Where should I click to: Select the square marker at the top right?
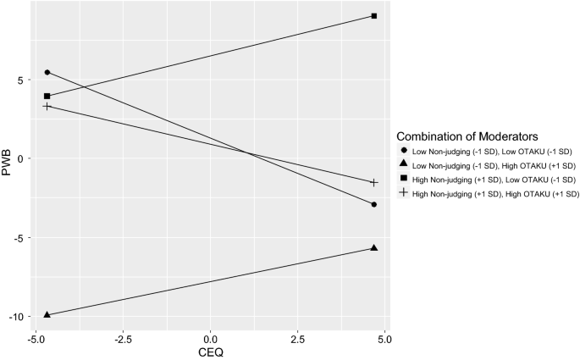pyautogui.click(x=373, y=16)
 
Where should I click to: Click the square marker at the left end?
pyautogui.click(x=47, y=97)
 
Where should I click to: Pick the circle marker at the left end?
pyautogui.click(x=47, y=72)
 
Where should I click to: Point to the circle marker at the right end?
pyautogui.click(x=373, y=204)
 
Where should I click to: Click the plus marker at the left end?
pyautogui.click(x=47, y=106)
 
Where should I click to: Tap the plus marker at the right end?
pyautogui.click(x=373, y=183)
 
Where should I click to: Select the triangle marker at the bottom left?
pyautogui.click(x=47, y=314)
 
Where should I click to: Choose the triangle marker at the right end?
pyautogui.click(x=373, y=247)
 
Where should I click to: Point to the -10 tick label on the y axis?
pyautogui.click(x=15, y=316)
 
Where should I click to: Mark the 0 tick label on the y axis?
pyautogui.click(x=19, y=158)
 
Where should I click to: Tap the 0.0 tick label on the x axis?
pyautogui.click(x=210, y=339)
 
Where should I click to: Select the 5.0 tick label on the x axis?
pyautogui.click(x=384, y=339)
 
